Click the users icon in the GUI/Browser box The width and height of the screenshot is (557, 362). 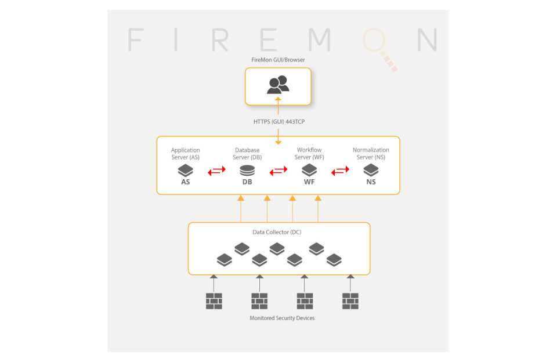click(x=278, y=85)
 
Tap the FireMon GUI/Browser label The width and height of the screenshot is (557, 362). click(x=278, y=60)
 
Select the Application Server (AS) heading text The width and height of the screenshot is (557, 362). click(x=185, y=154)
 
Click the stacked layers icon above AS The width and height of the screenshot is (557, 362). click(x=185, y=170)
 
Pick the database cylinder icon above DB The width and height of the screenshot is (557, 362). click(x=247, y=170)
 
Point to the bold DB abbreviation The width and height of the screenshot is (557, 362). click(x=247, y=182)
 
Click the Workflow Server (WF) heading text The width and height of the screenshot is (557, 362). click(x=309, y=154)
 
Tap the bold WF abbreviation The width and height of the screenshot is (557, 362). click(x=309, y=182)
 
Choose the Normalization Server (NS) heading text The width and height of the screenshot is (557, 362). click(x=371, y=154)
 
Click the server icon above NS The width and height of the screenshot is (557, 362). click(x=371, y=170)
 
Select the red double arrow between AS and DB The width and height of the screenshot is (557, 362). click(x=216, y=171)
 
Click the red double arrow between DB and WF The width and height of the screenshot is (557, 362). click(x=278, y=171)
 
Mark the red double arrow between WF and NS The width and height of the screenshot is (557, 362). click(x=340, y=171)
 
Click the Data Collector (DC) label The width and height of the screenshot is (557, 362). click(x=277, y=232)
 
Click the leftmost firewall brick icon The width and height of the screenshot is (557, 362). click(x=214, y=301)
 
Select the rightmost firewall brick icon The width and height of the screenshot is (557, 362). click(x=350, y=301)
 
